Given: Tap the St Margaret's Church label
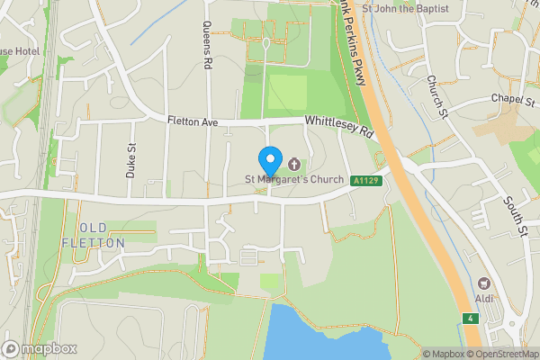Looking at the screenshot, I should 295,179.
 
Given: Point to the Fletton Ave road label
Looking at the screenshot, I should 193,121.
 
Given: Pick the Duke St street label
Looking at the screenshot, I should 131,160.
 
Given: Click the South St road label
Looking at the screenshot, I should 516,219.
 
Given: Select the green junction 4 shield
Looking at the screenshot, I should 469,319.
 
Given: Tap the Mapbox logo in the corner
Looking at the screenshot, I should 40,348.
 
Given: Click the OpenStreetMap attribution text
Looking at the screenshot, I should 501,354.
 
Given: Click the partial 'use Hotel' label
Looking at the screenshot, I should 19,51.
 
